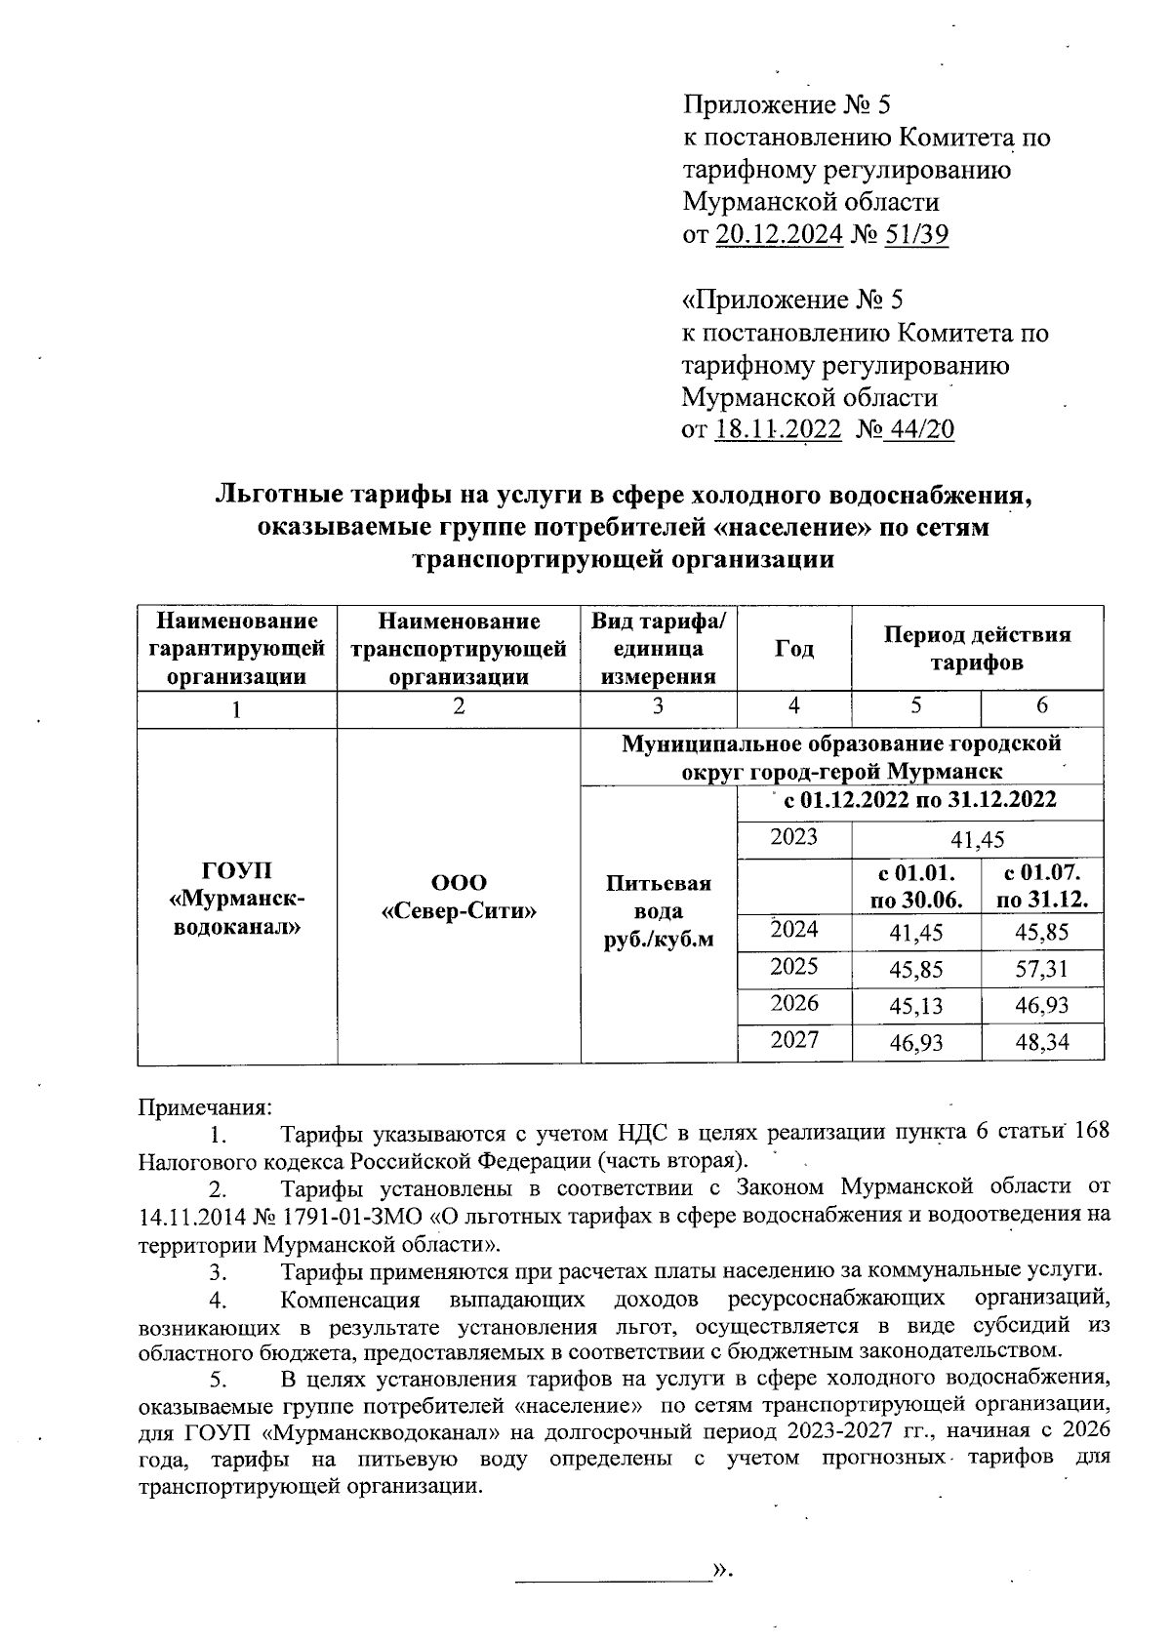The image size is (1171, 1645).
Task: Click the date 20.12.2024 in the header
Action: click(779, 235)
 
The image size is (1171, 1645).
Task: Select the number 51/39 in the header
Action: click(916, 235)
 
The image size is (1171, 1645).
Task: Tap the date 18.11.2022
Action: click(778, 430)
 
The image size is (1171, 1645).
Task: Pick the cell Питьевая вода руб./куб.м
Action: click(659, 910)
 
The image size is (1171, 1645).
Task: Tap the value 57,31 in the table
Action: click(1041, 969)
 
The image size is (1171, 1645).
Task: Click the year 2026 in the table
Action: click(793, 1004)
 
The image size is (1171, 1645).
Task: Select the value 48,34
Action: click(1041, 1042)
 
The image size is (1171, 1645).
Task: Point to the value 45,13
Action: click(915, 1006)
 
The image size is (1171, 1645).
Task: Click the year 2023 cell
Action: click(793, 837)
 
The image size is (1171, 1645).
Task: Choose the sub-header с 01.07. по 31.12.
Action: click(1041, 886)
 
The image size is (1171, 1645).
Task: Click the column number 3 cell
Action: click(658, 707)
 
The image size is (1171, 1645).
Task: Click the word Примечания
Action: click(205, 1107)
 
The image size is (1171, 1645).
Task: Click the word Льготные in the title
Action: click(281, 496)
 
